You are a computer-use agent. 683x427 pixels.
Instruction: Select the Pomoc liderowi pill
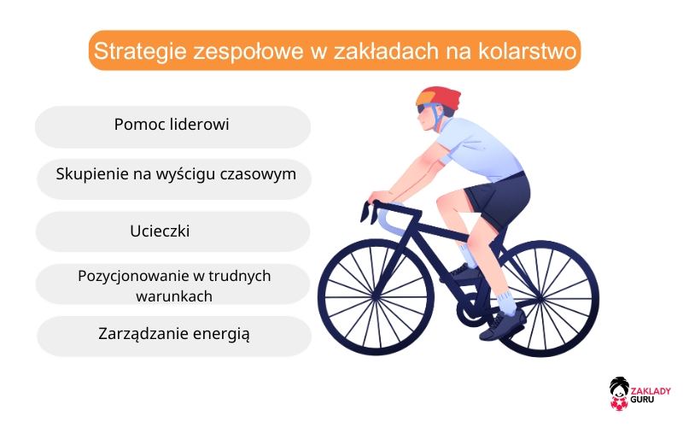[x=172, y=125]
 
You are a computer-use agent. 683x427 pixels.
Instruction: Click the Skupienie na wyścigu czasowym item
[x=176, y=175]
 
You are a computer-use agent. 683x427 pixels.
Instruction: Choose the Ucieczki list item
[x=172, y=231]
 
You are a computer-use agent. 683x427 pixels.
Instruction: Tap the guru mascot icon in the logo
[x=619, y=391]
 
